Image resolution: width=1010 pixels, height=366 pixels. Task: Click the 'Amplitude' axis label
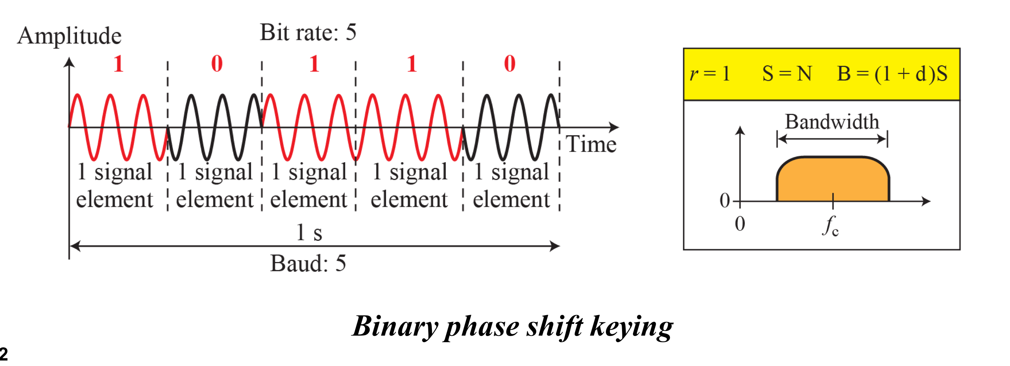[x=69, y=36]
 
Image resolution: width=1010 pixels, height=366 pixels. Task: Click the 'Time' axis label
[x=591, y=144]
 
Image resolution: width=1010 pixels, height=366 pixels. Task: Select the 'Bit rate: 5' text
[x=308, y=32]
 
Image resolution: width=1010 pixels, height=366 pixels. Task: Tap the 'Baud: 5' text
[x=308, y=263]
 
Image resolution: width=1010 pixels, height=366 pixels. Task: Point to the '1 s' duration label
[x=309, y=232]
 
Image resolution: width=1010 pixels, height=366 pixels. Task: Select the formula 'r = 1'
[x=710, y=73]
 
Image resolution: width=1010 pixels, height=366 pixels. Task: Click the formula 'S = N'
[x=787, y=73]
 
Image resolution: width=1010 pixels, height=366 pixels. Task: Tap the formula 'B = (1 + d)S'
[x=892, y=73]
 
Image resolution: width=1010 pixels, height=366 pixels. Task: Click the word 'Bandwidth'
[x=832, y=122]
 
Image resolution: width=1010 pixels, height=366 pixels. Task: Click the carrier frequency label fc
[x=830, y=226]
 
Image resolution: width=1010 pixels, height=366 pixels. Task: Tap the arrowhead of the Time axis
[x=614, y=127]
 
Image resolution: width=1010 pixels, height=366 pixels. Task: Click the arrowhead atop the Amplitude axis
[x=69, y=63]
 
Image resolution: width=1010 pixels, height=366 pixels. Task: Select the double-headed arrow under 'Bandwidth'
[x=832, y=139]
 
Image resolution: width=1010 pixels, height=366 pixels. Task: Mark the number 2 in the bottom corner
[x=4, y=354]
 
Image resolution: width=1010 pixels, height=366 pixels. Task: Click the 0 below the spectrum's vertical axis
[x=740, y=224]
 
